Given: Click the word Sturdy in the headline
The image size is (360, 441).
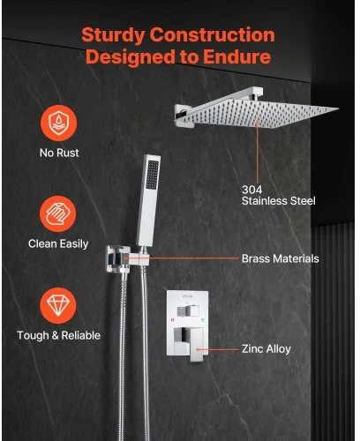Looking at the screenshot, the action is pos(113,35).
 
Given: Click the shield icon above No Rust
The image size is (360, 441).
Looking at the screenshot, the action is pos(59,123).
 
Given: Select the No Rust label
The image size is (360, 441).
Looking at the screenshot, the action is pos(59,153).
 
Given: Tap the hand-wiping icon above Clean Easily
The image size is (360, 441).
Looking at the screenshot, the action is pos(58,214).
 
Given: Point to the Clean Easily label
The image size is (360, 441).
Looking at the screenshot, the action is pos(58,244).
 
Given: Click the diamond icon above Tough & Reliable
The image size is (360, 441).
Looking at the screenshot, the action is pos(58,305).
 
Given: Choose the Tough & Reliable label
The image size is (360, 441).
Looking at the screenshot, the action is pos(59,335).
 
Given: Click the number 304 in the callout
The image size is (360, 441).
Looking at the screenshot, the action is pos(251,190).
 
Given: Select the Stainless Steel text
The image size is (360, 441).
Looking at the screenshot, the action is pos(279,201).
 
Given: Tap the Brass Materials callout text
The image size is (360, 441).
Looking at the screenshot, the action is pos(281,258).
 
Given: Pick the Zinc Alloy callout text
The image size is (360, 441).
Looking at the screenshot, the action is pos(266,349).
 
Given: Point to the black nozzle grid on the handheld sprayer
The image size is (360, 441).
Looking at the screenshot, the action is pos(153,175).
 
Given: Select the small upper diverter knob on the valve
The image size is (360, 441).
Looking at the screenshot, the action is pos(188,311).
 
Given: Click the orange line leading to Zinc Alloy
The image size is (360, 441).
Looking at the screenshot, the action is pos(218,349).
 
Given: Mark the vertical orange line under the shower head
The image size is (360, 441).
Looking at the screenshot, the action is pos(258,153).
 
